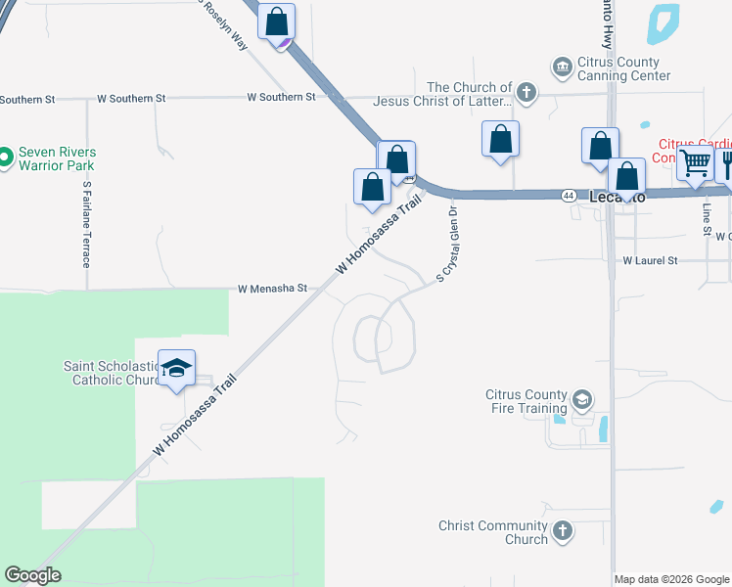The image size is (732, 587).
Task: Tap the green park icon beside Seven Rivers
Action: pyautogui.click(x=6, y=156)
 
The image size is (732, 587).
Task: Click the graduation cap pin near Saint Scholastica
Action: pyautogui.click(x=176, y=369)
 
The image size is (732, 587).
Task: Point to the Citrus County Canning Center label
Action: pyautogui.click(x=624, y=68)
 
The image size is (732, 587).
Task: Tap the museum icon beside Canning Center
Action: pyautogui.click(x=563, y=67)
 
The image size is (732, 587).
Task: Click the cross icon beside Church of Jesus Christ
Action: pyautogui.click(x=526, y=94)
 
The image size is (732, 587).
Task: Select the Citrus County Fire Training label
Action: pyautogui.click(x=526, y=401)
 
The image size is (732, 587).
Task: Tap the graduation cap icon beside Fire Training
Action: pyautogui.click(x=582, y=400)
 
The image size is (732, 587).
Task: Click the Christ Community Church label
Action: pyautogui.click(x=492, y=532)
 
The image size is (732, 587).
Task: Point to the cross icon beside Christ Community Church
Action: pyautogui.click(x=562, y=531)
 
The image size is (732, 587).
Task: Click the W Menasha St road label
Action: pyautogui.click(x=273, y=290)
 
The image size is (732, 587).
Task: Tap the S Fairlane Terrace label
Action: pyautogui.click(x=87, y=224)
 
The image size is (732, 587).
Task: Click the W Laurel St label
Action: pyautogui.click(x=650, y=261)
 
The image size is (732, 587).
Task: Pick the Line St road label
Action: pyautogui.click(x=705, y=219)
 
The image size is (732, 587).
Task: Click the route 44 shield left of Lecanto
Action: pyautogui.click(x=568, y=196)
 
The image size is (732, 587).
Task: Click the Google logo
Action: pyautogui.click(x=32, y=575)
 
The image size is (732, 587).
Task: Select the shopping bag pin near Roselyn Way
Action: pyautogui.click(x=277, y=22)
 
